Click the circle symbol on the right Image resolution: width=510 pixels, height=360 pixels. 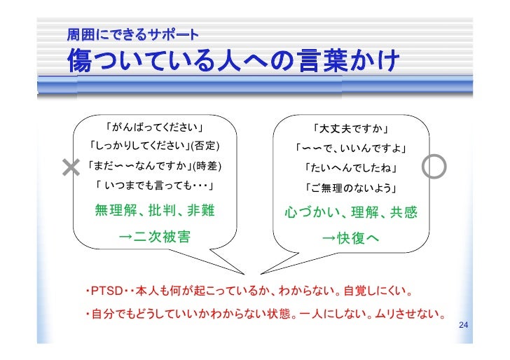pyautogui.click(x=434, y=166)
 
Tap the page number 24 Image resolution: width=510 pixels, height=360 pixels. pyautogui.click(x=462, y=326)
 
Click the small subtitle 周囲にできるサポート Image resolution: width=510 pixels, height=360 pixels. pyautogui.click(x=132, y=34)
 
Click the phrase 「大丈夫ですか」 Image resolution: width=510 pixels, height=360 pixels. pyautogui.click(x=351, y=129)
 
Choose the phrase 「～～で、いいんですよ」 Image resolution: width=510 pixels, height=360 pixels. pyautogui.click(x=351, y=148)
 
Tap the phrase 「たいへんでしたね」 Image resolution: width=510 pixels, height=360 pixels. pyautogui.click(x=351, y=169)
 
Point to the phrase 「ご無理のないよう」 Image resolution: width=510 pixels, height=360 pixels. pyautogui.click(x=351, y=188)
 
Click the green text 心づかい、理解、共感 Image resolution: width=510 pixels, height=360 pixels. pyautogui.click(x=351, y=212)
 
